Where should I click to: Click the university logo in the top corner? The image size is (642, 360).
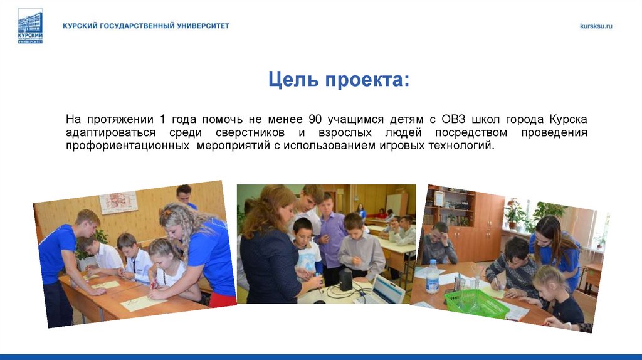coord(30,26)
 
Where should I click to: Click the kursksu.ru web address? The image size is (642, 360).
coord(596,26)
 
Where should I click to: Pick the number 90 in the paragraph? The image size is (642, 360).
coord(315,119)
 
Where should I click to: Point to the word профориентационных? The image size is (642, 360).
coord(128,146)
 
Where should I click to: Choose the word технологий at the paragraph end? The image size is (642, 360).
coord(463,146)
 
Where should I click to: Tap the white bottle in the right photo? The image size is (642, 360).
coord(432,277)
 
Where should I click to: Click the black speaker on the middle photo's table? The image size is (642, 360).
coord(345,280)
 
